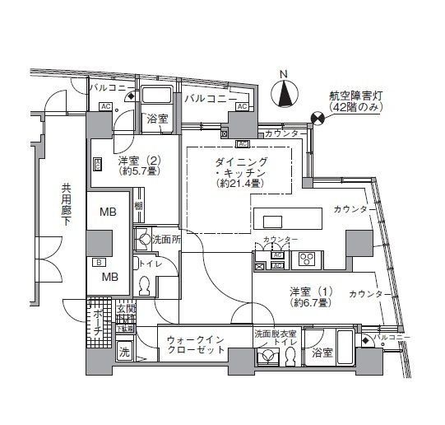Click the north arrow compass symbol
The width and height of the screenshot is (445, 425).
285,96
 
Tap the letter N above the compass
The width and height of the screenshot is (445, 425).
285,75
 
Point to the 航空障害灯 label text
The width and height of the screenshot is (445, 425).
355,96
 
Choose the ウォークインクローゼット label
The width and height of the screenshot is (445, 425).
196,343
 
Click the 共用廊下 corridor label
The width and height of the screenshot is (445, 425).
66,212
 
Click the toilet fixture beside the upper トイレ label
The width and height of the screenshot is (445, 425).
145,286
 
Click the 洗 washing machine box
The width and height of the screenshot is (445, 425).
123,353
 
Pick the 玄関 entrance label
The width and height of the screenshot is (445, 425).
125,309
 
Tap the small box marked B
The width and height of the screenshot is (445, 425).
100,263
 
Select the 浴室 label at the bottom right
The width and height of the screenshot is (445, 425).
322,353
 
